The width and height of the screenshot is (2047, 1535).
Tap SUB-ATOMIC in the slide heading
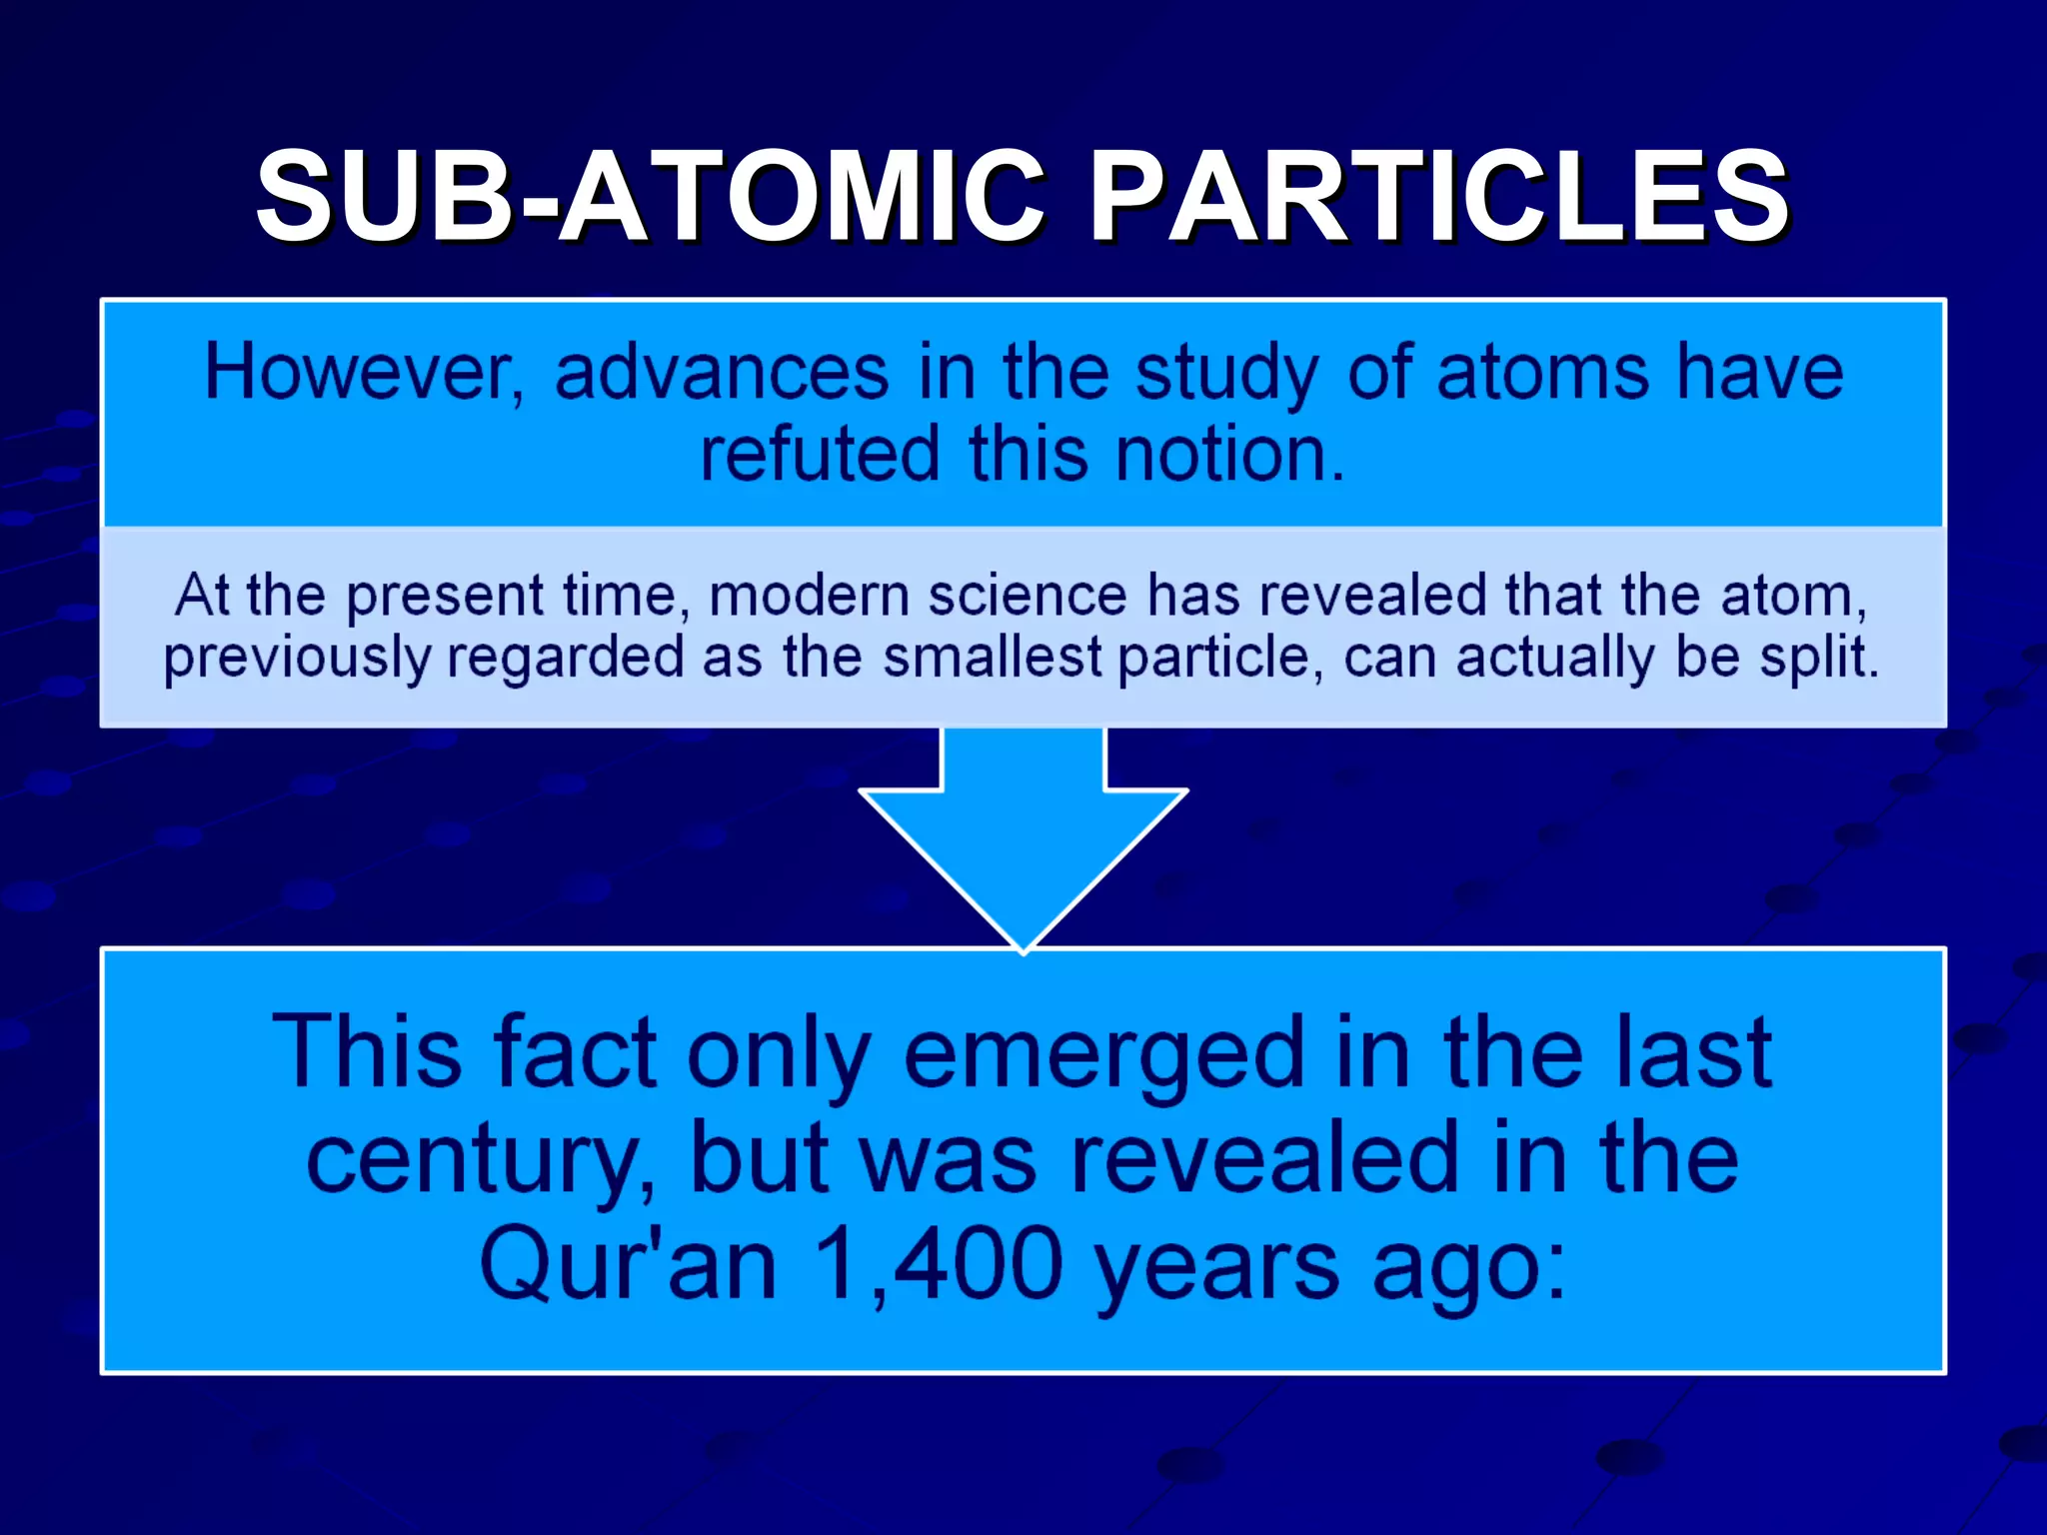tap(650, 196)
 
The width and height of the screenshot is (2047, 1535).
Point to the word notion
tap(1229, 456)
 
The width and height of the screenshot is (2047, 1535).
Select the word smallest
tap(993, 659)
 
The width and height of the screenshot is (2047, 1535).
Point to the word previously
tap(297, 659)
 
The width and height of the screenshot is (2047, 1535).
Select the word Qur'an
tap(628, 1265)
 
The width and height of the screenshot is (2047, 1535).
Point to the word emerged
tap(1103, 1054)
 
